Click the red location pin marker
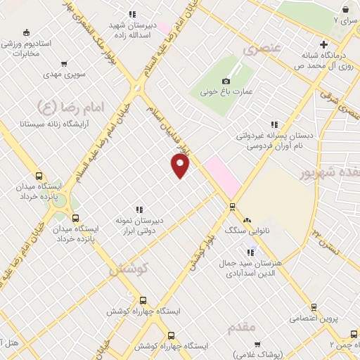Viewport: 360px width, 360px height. coord(181,165)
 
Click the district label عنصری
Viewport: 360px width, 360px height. coord(258,50)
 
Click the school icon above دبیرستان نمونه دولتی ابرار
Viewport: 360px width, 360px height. coord(139,209)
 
